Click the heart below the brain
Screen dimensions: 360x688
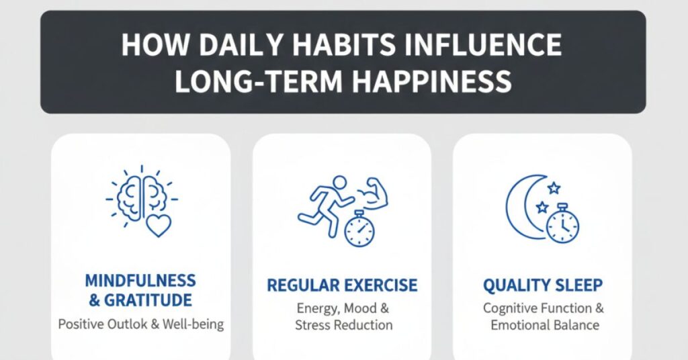pos(159,225)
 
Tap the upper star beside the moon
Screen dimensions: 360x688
pos(554,187)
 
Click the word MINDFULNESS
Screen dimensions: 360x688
pos(140,281)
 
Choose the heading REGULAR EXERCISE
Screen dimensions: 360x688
pos(342,285)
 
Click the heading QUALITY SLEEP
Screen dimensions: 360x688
pos(544,285)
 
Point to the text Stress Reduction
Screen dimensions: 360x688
pos(343,325)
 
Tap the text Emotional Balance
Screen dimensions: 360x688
pos(544,325)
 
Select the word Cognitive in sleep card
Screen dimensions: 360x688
pos(511,308)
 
